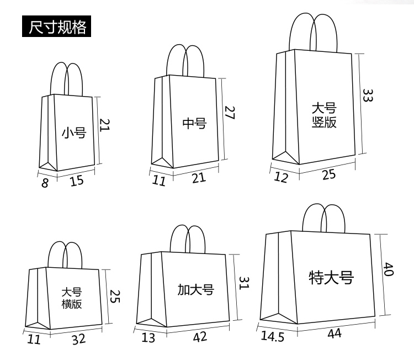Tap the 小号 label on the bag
point(73,133)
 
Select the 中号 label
point(194,123)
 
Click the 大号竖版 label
point(323,115)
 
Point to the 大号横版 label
point(72,298)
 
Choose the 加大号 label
point(195,289)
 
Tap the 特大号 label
point(331,277)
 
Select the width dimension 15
point(77,180)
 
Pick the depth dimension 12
point(281,178)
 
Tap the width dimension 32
point(79,339)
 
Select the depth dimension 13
point(148,337)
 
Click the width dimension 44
point(335,333)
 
